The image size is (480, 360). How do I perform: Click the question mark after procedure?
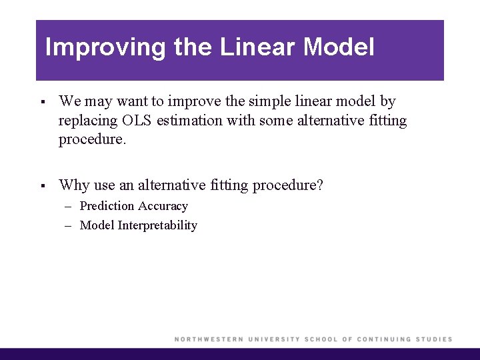tap(319, 185)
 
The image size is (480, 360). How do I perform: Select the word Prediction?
tap(107, 206)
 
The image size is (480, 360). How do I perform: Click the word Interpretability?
tap(157, 225)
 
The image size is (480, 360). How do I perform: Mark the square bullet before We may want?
tap(41, 102)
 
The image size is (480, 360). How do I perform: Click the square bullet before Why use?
tap(41, 185)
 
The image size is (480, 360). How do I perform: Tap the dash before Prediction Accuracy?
tap(69, 207)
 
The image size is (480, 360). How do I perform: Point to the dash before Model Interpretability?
tap(69, 226)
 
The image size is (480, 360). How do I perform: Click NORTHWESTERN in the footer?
tap(209, 339)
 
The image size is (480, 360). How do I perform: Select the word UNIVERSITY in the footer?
tap(273, 339)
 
